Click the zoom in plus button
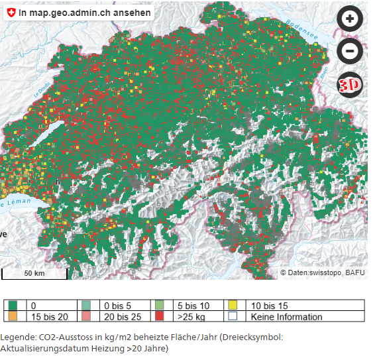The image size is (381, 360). coord(350,19)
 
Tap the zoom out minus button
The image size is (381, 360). coord(350,51)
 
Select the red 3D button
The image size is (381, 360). coord(350,84)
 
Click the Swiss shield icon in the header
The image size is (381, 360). coord(10,13)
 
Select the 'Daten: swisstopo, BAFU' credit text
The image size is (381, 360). coord(322,272)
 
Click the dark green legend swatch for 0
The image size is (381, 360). coord(13,306)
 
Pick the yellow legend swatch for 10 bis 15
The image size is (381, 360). coord(233,306)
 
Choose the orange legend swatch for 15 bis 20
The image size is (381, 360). coord(13,316)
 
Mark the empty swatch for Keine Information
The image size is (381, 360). coord(233,316)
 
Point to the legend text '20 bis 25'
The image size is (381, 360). coord(121,316)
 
